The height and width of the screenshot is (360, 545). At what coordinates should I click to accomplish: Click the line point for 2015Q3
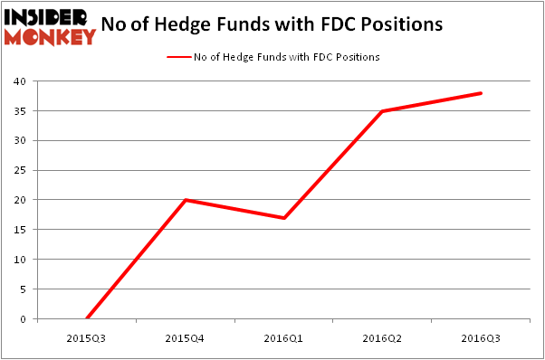pos(87,318)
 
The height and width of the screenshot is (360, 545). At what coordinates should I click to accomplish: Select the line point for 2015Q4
pos(186,200)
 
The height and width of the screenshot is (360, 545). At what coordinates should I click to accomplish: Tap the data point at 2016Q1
pos(284,218)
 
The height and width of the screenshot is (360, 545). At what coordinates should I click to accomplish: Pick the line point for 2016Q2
pos(383,111)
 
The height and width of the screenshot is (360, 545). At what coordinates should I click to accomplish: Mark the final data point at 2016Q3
pos(481,93)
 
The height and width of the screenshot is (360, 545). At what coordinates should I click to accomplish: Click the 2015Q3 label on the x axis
pos(87,338)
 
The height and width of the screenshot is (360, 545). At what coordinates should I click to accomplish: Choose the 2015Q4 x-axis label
pos(186,338)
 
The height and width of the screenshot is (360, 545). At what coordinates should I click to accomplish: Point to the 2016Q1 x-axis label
pos(284,338)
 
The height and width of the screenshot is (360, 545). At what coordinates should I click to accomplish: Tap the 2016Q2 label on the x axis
pos(383,338)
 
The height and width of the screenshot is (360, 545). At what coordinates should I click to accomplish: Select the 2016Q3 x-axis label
pos(481,338)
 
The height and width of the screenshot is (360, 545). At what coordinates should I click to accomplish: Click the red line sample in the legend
pos(177,57)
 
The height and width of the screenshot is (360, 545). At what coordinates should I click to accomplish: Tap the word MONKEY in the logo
pos(51,36)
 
